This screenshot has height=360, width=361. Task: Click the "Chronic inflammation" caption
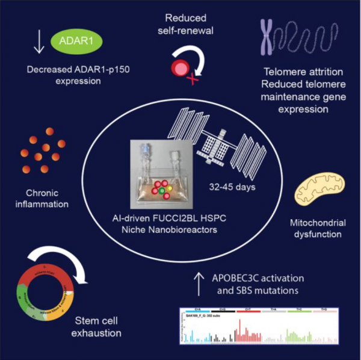[48, 197]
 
